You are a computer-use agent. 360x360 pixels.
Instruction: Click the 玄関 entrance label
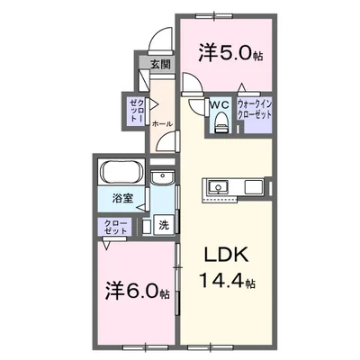click(160, 64)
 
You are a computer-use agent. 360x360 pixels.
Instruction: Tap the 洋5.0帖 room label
click(230, 53)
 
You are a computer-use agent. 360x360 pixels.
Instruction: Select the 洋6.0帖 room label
click(137, 291)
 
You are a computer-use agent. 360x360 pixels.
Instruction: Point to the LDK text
click(226, 255)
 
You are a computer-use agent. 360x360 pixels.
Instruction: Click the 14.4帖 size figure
click(227, 282)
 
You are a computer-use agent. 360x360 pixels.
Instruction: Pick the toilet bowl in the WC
click(222, 121)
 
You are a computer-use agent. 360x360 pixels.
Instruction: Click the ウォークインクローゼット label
click(255, 110)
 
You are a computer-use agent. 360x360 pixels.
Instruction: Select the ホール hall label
click(162, 123)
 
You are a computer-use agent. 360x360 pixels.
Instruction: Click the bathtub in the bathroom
click(121, 173)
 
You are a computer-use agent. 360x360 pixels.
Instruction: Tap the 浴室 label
click(122, 199)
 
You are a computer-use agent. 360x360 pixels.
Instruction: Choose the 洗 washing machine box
click(164, 225)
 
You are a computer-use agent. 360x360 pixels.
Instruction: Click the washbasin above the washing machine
click(162, 177)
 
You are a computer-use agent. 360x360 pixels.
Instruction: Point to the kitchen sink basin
click(218, 187)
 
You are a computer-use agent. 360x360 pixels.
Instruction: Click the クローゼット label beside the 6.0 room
click(116, 227)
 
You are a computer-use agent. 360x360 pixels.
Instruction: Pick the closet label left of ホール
click(137, 111)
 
